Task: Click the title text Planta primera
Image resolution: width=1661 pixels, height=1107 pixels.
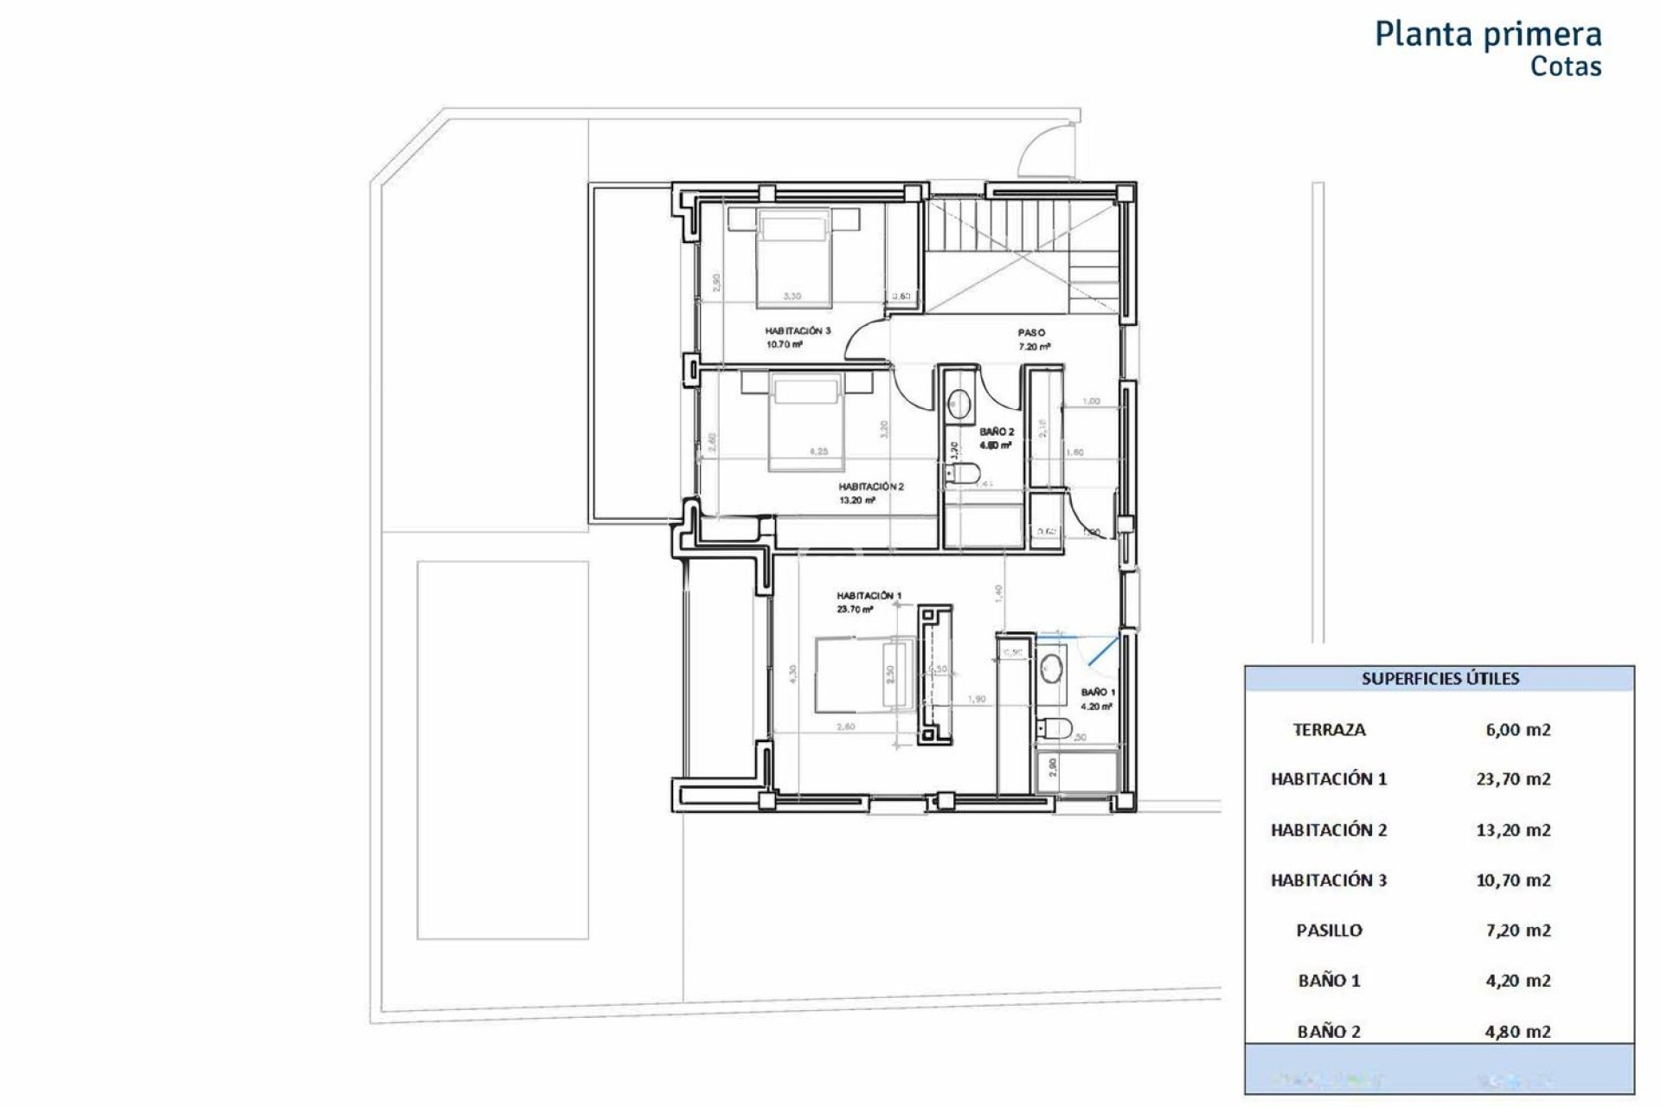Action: pyautogui.click(x=1487, y=35)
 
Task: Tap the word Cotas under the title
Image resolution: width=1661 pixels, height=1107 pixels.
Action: pyautogui.click(x=1565, y=67)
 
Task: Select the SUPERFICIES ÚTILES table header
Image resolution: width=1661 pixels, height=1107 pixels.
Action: pyautogui.click(x=1440, y=679)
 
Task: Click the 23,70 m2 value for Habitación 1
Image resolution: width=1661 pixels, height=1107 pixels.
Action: pyautogui.click(x=1513, y=779)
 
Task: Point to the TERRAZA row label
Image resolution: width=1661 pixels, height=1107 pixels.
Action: pyautogui.click(x=1329, y=730)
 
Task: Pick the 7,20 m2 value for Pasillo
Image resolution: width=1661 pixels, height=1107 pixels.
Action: pyautogui.click(x=1517, y=931)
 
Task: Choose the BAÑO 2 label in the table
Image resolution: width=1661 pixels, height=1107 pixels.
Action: pyautogui.click(x=1329, y=1031)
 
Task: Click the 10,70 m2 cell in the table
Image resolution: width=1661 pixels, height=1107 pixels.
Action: pyautogui.click(x=1513, y=880)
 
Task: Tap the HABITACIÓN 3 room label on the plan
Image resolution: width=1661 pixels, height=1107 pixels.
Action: pyautogui.click(x=797, y=331)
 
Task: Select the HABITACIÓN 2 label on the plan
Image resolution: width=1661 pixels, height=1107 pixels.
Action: pyautogui.click(x=870, y=487)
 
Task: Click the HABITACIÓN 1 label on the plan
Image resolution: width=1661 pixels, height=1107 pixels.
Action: pyautogui.click(x=869, y=596)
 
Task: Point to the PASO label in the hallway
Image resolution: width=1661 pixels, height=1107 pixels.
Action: pyautogui.click(x=1031, y=333)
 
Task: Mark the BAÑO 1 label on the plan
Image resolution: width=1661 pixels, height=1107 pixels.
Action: pyautogui.click(x=1098, y=693)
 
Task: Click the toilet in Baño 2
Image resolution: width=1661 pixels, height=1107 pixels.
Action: pyautogui.click(x=962, y=472)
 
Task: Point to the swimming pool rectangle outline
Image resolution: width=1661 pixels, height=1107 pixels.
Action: pyautogui.click(x=503, y=749)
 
